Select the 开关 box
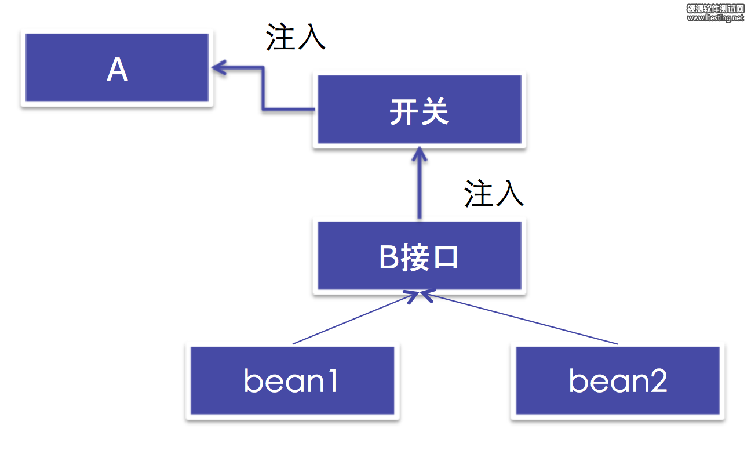[419, 111]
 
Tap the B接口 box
[419, 256]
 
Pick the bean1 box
[292, 381]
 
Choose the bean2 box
[618, 381]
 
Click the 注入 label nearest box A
[296, 37]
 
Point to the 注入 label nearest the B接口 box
[494, 194]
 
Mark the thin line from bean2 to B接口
[522, 320]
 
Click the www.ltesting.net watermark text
[715, 18]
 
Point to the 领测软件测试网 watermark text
[715, 9]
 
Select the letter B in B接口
[389, 257]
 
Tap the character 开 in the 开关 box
[404, 111]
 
